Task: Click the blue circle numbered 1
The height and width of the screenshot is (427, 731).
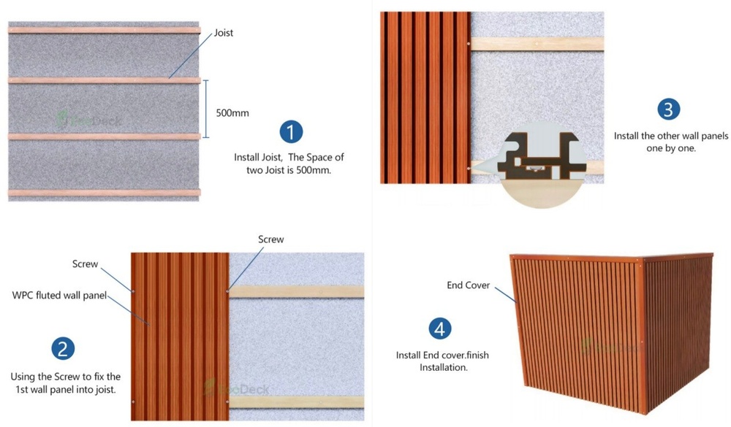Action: [291, 132]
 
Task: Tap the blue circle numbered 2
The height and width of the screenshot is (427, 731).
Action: [63, 348]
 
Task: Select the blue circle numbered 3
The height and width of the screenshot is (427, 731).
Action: [668, 109]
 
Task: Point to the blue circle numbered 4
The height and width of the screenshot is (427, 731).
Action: [439, 328]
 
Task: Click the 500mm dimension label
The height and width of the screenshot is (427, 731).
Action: [232, 113]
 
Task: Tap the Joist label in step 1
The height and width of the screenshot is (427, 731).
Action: [224, 33]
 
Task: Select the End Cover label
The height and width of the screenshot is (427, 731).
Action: [469, 285]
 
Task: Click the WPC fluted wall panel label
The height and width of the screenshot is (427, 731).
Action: [60, 296]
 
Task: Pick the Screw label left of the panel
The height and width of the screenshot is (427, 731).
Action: [85, 263]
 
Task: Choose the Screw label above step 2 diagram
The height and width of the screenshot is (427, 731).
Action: [270, 239]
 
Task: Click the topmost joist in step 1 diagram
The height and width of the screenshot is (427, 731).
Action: [104, 30]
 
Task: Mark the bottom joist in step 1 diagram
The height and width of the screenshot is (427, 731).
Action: [104, 193]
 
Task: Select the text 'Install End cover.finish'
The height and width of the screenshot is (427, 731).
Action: [442, 355]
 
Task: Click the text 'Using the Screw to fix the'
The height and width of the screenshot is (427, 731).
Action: [65, 377]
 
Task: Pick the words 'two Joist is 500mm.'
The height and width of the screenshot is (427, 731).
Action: [289, 170]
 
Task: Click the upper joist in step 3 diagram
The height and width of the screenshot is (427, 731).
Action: [537, 44]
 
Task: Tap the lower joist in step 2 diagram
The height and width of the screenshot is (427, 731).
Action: [296, 401]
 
